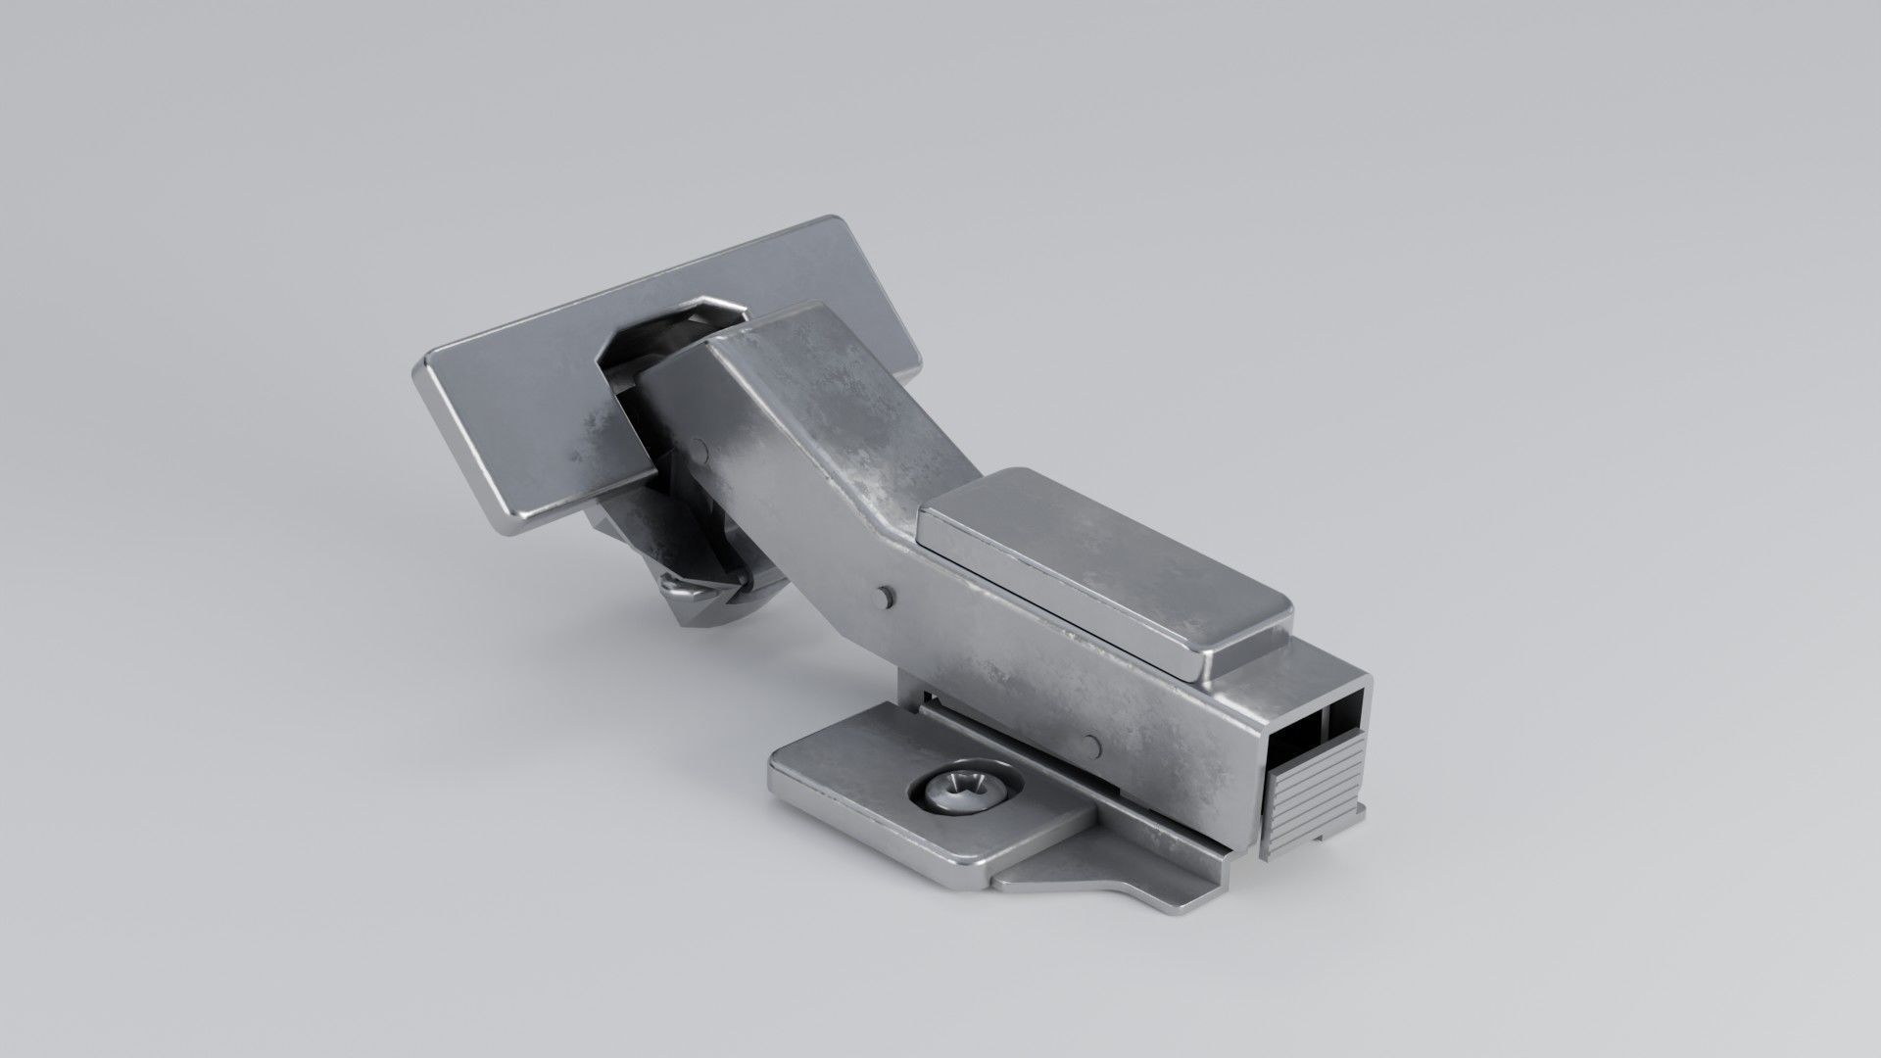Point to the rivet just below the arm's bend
885,595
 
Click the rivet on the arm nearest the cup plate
699,449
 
